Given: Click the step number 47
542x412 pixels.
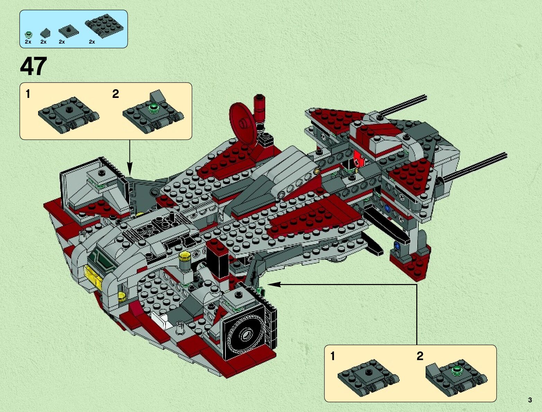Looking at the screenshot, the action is pyautogui.click(x=34, y=66).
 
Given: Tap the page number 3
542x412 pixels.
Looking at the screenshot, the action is pyautogui.click(x=530, y=400).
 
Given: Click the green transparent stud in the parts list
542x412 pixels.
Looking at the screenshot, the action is pyautogui.click(x=28, y=34).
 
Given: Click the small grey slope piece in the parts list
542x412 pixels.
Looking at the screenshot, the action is pyautogui.click(x=44, y=33).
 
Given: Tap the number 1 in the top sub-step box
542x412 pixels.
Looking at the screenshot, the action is pyautogui.click(x=28, y=94).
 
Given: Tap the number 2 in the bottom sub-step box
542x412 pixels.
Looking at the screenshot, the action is pyautogui.click(x=420, y=356).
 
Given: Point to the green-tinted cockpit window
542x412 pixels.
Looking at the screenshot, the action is pyautogui.click(x=100, y=259).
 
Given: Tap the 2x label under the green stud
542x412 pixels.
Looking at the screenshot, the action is pyautogui.click(x=28, y=42).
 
